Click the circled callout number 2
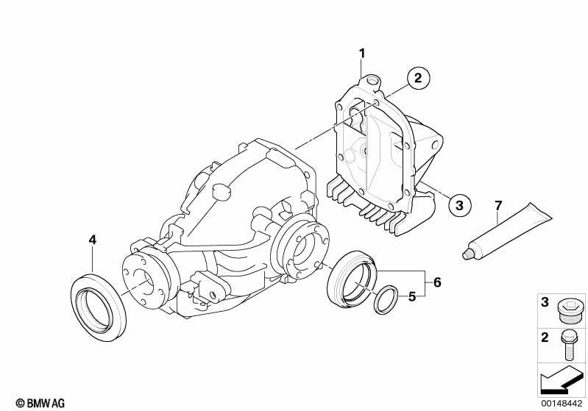pyautogui.click(x=418, y=78)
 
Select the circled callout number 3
pyautogui.click(x=459, y=205)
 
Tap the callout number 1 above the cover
pyautogui.click(x=362, y=54)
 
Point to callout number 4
pyautogui.click(x=93, y=240)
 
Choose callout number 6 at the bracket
pyautogui.click(x=437, y=282)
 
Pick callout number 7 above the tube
pyautogui.click(x=498, y=206)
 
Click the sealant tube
pyautogui.click(x=507, y=232)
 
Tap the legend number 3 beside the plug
pyautogui.click(x=545, y=302)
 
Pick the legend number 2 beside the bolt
pyautogui.click(x=545, y=338)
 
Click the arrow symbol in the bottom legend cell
pyautogui.click(x=561, y=381)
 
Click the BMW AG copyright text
pyautogui.click(x=40, y=403)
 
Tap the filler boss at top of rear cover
pyautogui.click(x=371, y=81)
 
